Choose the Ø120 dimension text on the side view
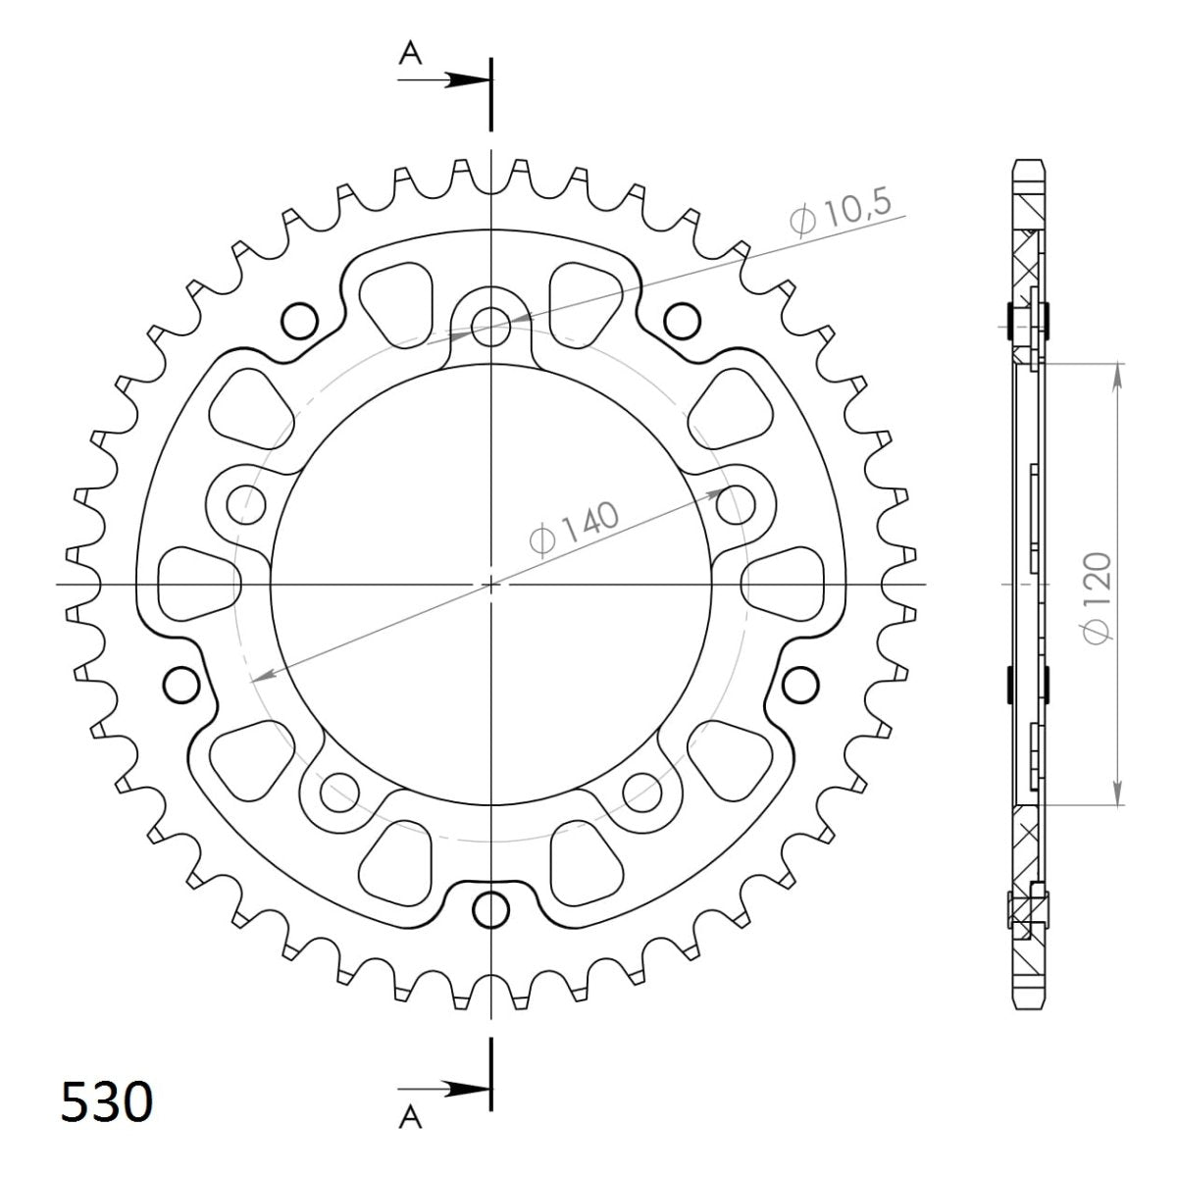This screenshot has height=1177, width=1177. tap(1098, 597)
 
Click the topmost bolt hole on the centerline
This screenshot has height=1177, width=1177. tap(490, 327)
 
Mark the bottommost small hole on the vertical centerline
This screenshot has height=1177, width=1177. tap(490, 909)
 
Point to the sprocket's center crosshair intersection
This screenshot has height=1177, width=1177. tap(490, 585)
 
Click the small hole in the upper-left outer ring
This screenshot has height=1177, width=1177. tap(299, 320)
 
